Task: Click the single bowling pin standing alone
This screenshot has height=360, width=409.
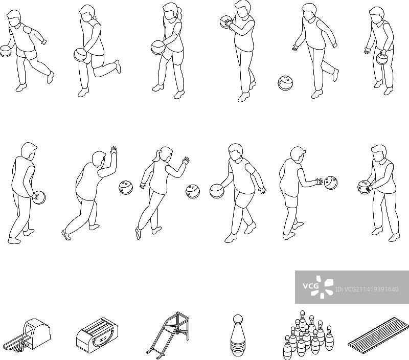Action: pos(238,335)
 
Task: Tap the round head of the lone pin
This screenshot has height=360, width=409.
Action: pos(238,319)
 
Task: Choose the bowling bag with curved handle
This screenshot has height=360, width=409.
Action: pos(97,335)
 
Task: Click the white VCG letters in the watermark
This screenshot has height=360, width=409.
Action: pos(311,286)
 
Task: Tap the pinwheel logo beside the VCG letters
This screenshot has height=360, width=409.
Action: pos(322,287)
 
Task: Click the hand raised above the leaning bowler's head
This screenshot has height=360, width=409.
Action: pos(113,150)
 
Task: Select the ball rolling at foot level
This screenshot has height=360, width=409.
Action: pos(286,83)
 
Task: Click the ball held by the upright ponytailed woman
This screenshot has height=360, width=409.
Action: pos(158,48)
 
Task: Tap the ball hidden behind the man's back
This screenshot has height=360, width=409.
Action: pos(39,197)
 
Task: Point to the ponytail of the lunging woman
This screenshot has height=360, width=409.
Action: pos(156,156)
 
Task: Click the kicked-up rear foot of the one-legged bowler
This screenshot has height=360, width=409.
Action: pos(118,66)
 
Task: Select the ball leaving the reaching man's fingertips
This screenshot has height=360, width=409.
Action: pos(331,182)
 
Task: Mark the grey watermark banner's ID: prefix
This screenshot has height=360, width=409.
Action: pos(339,289)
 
